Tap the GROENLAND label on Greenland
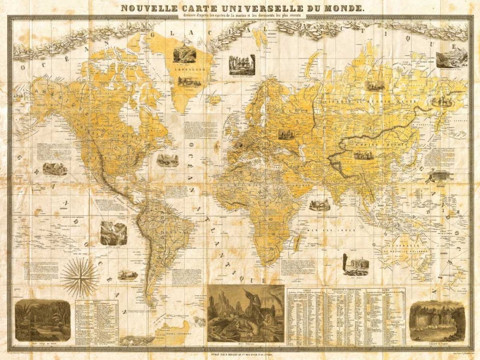[187, 69]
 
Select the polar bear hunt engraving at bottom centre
[245, 314]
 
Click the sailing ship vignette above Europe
[241, 64]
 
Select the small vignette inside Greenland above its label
[185, 54]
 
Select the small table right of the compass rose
[97, 322]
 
